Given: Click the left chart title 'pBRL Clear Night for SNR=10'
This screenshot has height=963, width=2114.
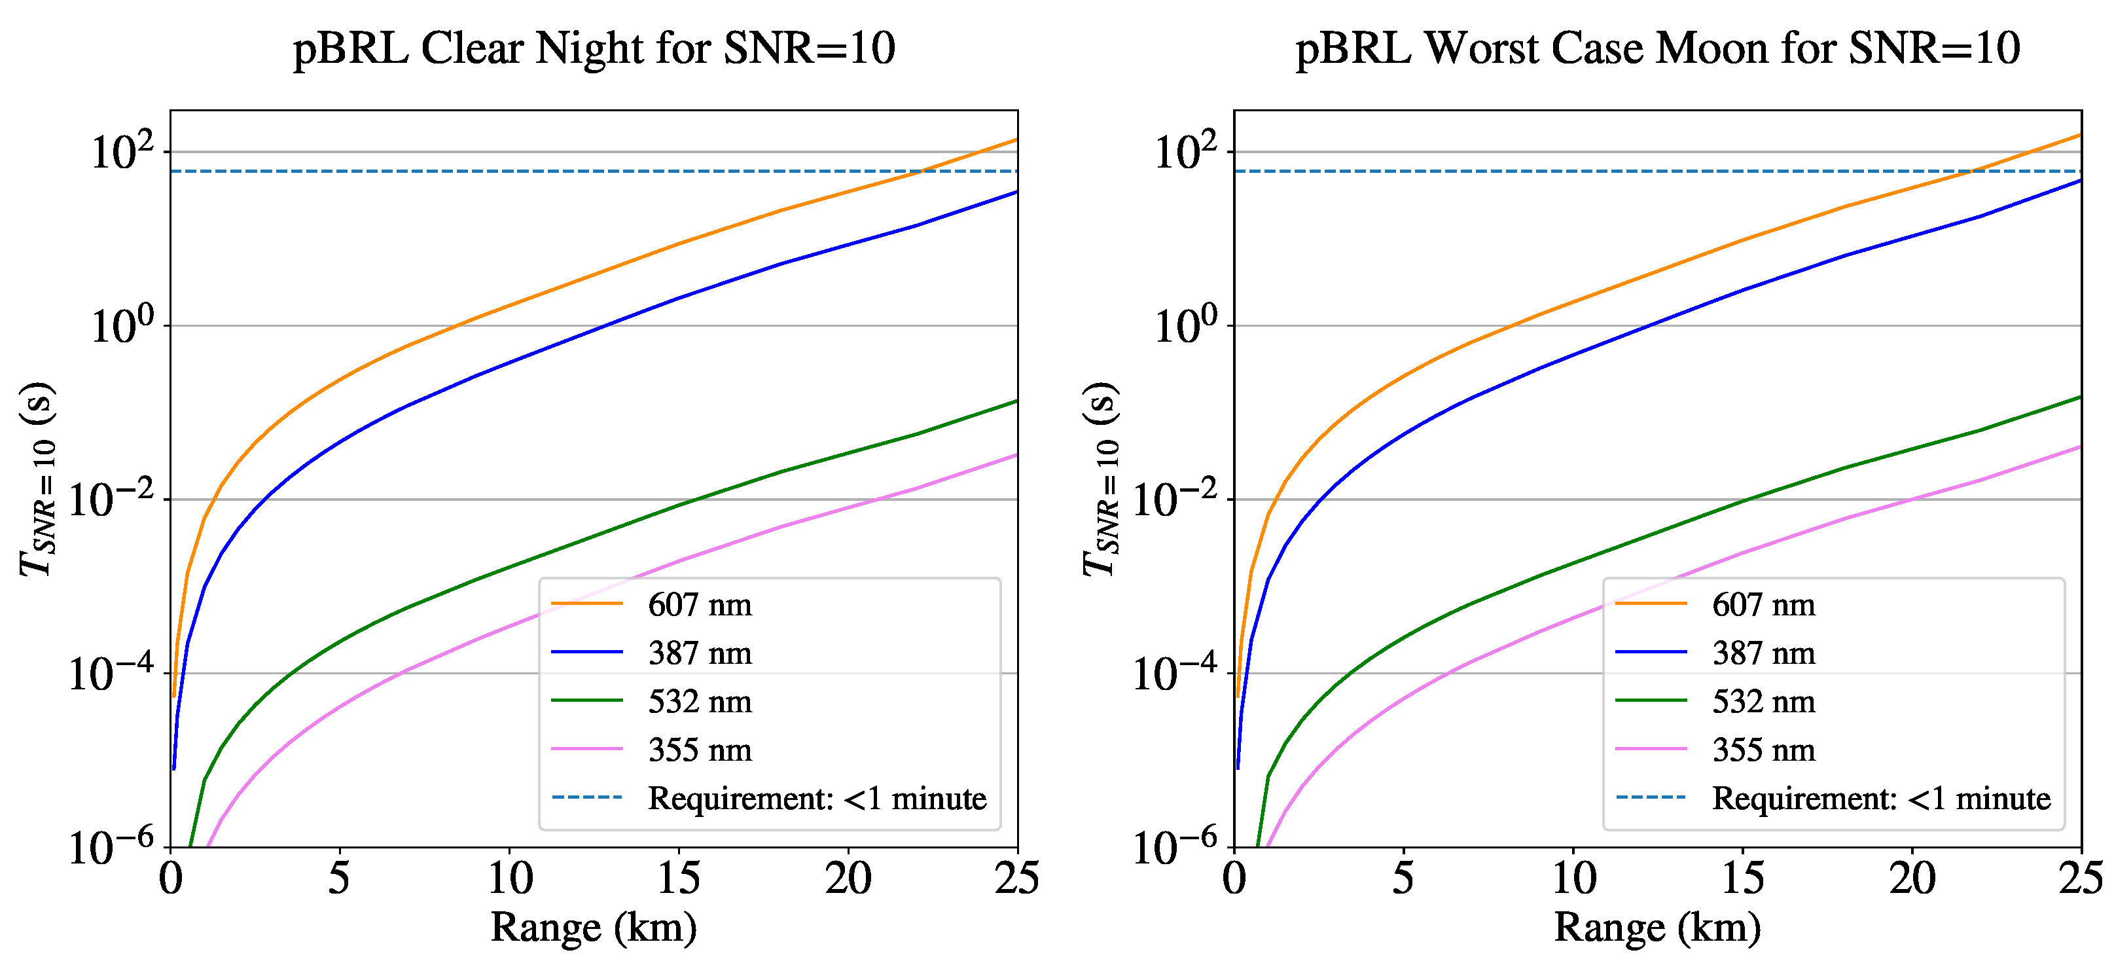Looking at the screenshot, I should point(594,48).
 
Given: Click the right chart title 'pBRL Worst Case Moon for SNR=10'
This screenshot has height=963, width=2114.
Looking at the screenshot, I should point(1657,48).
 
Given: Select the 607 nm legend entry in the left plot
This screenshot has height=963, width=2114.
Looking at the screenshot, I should point(699,604).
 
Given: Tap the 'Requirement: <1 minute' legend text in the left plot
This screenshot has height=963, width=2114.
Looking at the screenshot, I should point(817,798).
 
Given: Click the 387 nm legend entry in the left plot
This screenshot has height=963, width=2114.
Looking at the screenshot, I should point(699,653).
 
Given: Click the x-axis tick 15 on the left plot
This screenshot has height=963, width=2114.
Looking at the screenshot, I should point(678,879).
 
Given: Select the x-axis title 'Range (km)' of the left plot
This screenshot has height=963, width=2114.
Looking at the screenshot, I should point(594,928).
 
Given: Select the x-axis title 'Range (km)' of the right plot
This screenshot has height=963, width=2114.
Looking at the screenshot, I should point(1657,928).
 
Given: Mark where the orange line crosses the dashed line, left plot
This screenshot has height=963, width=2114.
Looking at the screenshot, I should point(922,171).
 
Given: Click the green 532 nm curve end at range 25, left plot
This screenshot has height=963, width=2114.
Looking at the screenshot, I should point(1016,401).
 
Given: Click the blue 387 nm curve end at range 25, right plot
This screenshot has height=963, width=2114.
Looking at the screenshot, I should point(2079,181).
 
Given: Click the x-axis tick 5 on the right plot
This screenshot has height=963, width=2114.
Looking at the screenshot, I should point(1403,879).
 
